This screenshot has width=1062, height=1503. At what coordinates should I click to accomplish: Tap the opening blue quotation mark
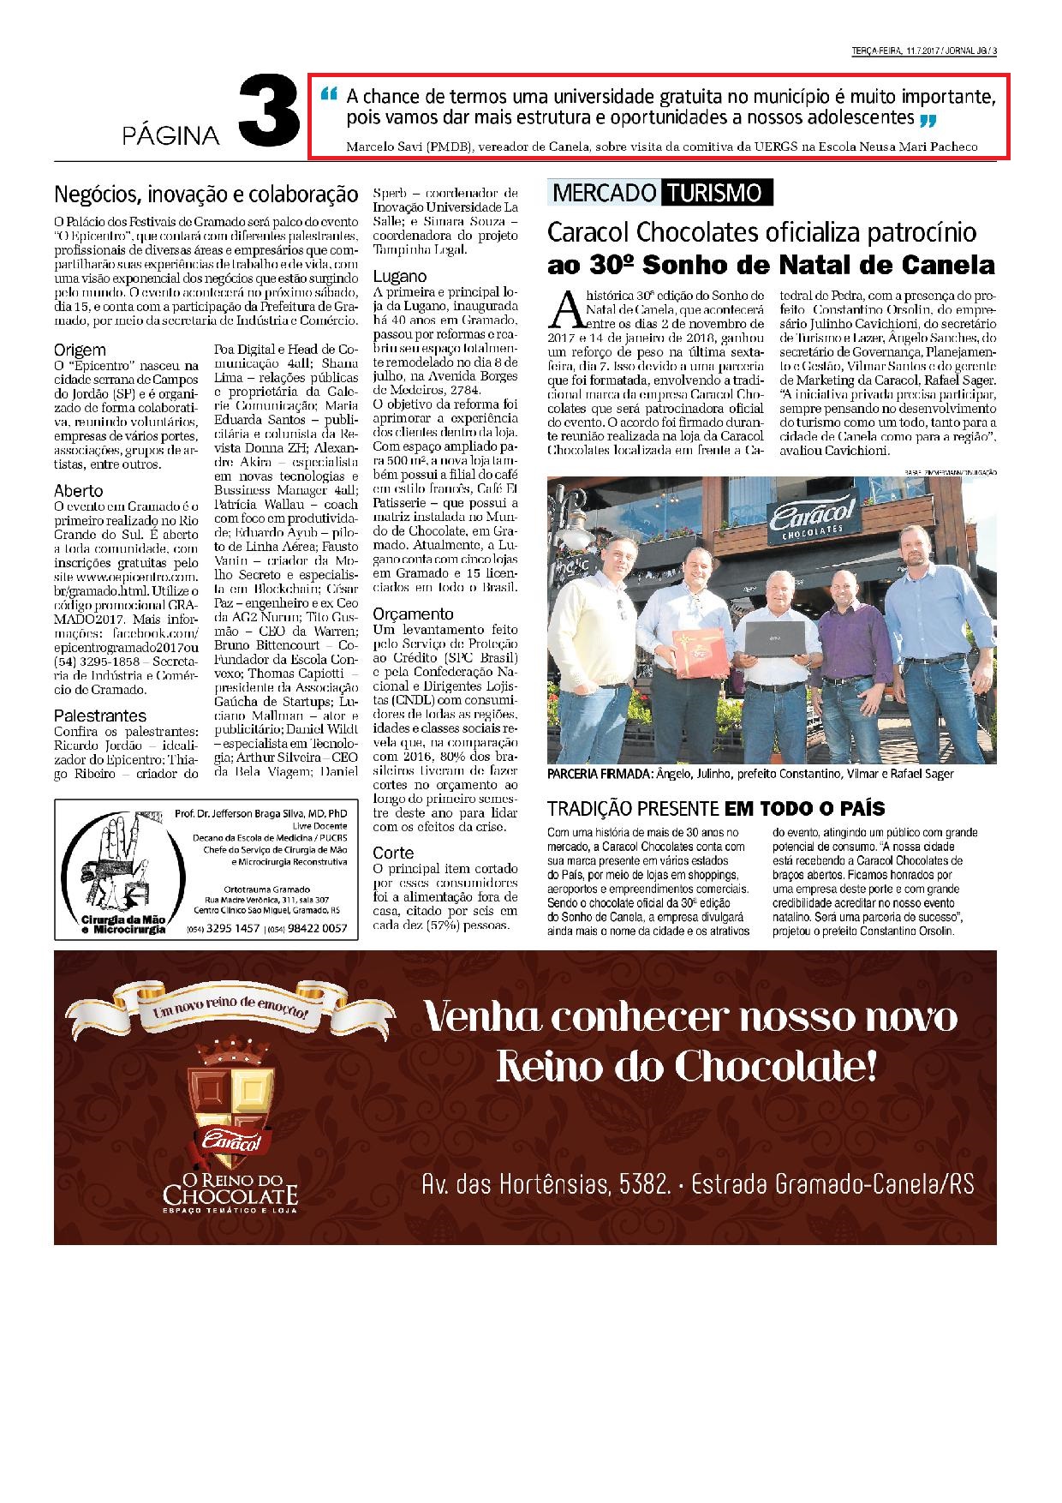(x=328, y=95)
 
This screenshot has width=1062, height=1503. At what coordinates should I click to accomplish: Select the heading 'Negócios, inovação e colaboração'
(x=206, y=194)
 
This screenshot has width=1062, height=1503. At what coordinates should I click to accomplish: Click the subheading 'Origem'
(x=80, y=350)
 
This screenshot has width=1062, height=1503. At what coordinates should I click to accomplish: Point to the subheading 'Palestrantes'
(x=100, y=715)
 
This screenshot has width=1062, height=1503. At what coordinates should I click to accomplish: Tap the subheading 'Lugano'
(x=400, y=277)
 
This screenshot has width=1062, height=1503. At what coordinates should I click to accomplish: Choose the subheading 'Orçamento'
(x=413, y=614)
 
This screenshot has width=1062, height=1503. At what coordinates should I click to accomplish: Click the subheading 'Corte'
(x=393, y=853)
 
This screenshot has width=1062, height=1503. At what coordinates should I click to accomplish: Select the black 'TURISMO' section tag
(x=716, y=193)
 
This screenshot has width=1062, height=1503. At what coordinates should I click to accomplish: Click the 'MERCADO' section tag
(x=604, y=193)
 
